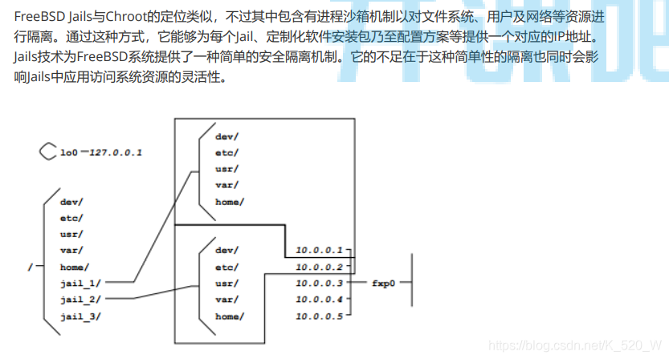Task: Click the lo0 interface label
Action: pyautogui.click(x=68, y=152)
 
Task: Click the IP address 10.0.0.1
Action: pyautogui.click(x=318, y=250)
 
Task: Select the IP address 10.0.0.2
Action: pyautogui.click(x=318, y=266)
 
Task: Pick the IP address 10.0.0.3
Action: pyautogui.click(x=318, y=283)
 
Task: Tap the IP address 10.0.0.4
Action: pyautogui.click(x=318, y=299)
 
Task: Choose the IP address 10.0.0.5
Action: pyautogui.click(x=318, y=316)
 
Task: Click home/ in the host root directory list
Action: pyautogui.click(x=74, y=266)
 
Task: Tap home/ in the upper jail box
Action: pyautogui.click(x=230, y=201)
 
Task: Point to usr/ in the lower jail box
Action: pyautogui.click(x=225, y=283)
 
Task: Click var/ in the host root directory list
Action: pyautogui.click(x=71, y=250)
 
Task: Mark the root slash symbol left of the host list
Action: pyautogui.click(x=29, y=266)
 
